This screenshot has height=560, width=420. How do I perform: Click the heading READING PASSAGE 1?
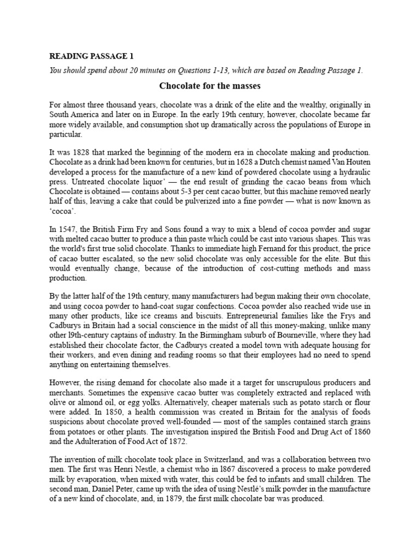point(91,56)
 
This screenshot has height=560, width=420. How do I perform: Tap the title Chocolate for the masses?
point(209,86)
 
